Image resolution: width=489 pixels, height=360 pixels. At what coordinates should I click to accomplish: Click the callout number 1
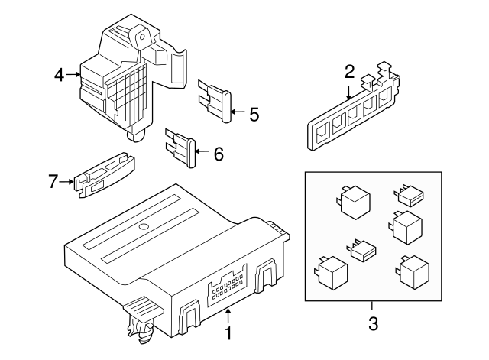pos(227,332)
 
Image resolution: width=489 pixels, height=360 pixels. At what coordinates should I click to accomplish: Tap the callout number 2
pos(349,73)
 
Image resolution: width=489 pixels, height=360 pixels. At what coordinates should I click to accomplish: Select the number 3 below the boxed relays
pos(373,323)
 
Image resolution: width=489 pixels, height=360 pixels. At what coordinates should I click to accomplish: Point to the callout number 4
pos(59,74)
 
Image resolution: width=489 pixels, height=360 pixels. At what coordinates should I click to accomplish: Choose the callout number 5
pos(254,115)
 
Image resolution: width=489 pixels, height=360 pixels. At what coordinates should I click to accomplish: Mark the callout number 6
pos(218,154)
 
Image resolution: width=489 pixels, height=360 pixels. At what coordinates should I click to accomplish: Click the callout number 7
pos(53,182)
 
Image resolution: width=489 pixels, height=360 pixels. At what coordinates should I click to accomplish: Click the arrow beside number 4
pos(73,74)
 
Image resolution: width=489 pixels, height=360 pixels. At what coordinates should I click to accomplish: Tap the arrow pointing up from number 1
pos(227,313)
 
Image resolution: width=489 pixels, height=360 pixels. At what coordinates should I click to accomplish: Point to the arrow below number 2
pos(349,92)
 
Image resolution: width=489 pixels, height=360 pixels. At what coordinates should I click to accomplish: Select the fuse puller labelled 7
pos(105,177)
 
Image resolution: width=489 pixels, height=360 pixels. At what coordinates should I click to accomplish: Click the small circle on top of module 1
pos(143,228)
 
